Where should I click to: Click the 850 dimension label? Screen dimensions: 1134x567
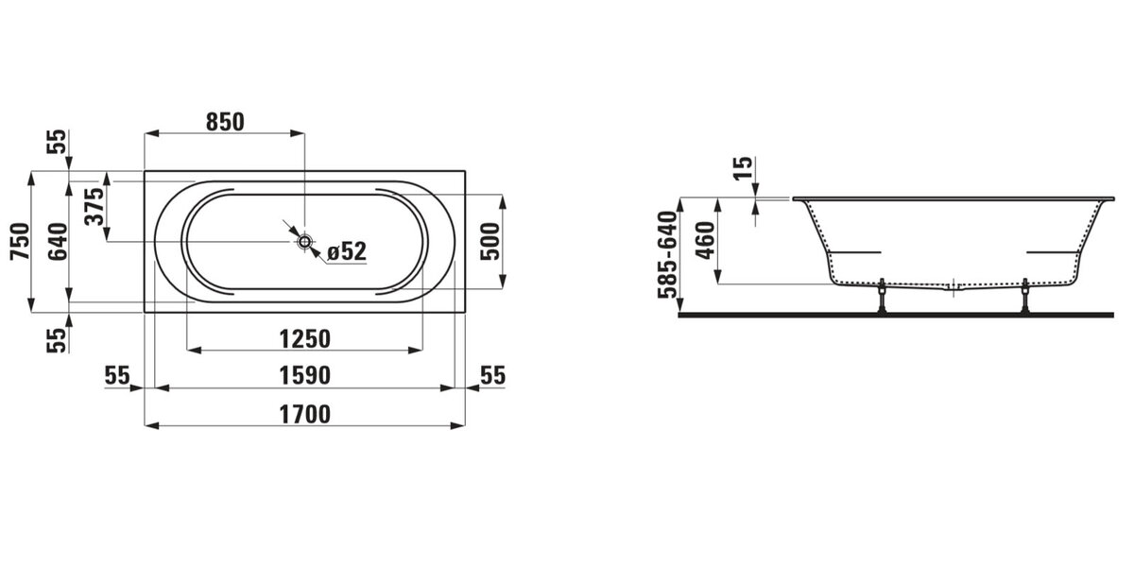225,122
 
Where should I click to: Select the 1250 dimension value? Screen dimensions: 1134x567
304,338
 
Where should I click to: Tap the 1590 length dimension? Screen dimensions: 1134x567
304,376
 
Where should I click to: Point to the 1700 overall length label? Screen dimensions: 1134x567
304,414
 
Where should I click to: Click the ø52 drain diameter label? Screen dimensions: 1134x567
347,251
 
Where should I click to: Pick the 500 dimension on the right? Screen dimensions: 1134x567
490,242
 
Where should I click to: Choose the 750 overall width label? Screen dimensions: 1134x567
21,242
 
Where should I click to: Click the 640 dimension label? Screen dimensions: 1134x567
58,242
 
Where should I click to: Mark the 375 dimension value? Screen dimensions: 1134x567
94,207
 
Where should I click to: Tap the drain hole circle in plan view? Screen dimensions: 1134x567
304,242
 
